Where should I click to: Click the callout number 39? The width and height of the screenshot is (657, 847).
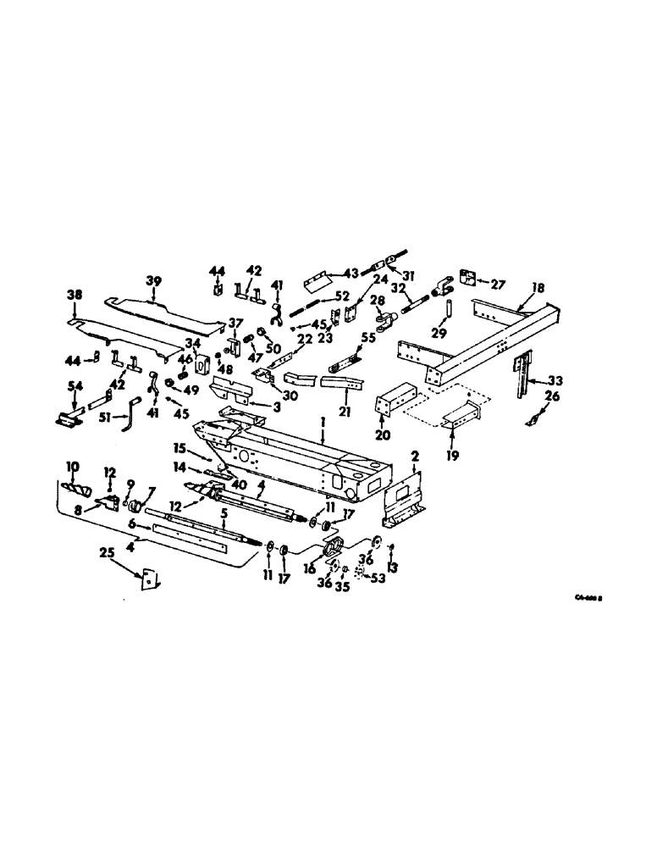tap(153, 280)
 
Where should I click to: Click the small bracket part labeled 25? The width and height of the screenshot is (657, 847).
tap(151, 579)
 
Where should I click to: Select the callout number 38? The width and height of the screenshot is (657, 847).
tap(74, 296)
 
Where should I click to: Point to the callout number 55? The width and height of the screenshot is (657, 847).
tap(367, 337)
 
